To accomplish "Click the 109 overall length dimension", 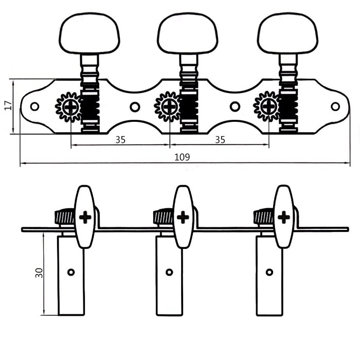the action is pyautogui.click(x=182, y=157).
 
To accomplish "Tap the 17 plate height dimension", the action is pyautogui.click(x=9, y=105).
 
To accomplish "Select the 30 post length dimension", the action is pyautogui.click(x=39, y=273).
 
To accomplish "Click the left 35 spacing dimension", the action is pyautogui.click(x=120, y=139).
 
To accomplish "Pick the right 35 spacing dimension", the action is pyautogui.click(x=220, y=139).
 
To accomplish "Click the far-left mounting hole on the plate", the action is pyautogui.click(x=34, y=106).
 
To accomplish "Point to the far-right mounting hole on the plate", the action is pyautogui.click(x=335, y=106).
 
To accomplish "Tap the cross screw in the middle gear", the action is pyautogui.click(x=169, y=107).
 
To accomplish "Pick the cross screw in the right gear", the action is pyautogui.click(x=268, y=107).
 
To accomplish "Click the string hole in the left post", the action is pyautogui.click(x=71, y=272).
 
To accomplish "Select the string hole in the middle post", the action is pyautogui.click(x=169, y=272).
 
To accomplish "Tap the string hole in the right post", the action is pyautogui.click(x=269, y=272).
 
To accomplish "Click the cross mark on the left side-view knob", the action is pyautogui.click(x=85, y=217).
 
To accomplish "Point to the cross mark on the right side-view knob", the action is pyautogui.click(x=284, y=217).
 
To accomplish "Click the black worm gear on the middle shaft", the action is pyautogui.click(x=189, y=107).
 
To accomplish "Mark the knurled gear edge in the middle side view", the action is pyautogui.click(x=163, y=217).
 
